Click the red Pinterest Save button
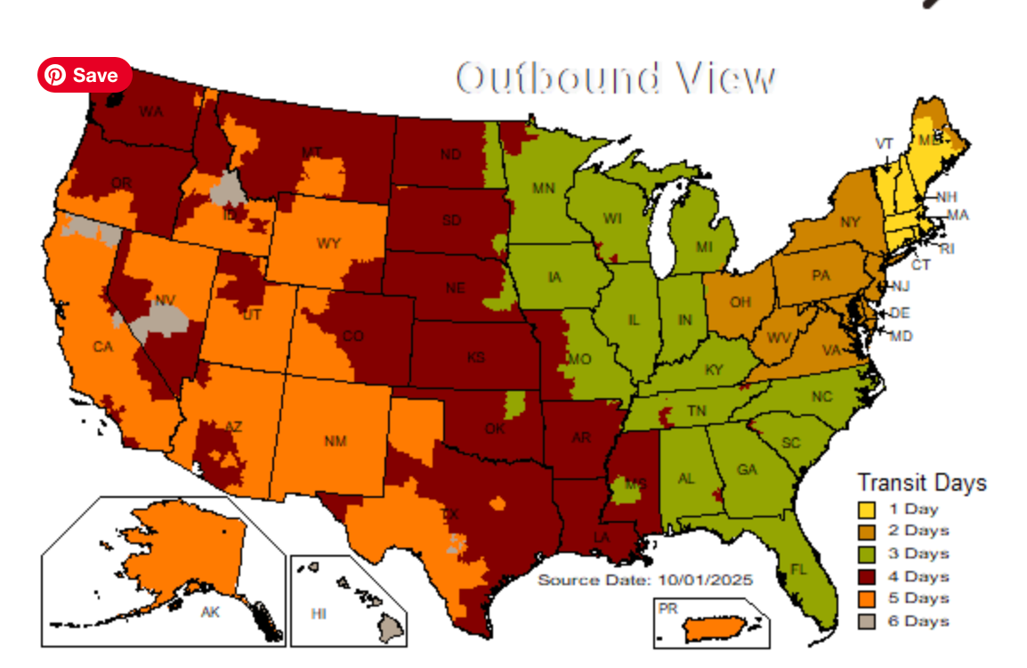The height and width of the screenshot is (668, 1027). click(x=85, y=75)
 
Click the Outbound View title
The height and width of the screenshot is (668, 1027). click(x=616, y=78)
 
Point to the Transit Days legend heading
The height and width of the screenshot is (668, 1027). click(x=921, y=483)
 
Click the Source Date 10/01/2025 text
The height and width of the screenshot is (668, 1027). click(x=645, y=580)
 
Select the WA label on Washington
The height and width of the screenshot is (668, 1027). click(x=150, y=112)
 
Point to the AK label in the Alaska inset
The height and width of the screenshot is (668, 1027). click(x=211, y=613)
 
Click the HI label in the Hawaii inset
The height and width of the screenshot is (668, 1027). click(x=319, y=615)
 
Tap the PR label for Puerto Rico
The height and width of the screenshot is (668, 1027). click(x=667, y=608)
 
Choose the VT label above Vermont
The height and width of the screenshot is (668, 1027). click(x=884, y=143)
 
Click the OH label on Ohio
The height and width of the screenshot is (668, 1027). click(x=740, y=303)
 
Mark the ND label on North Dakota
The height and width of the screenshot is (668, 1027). click(x=450, y=155)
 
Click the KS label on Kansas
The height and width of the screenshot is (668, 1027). click(x=476, y=358)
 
